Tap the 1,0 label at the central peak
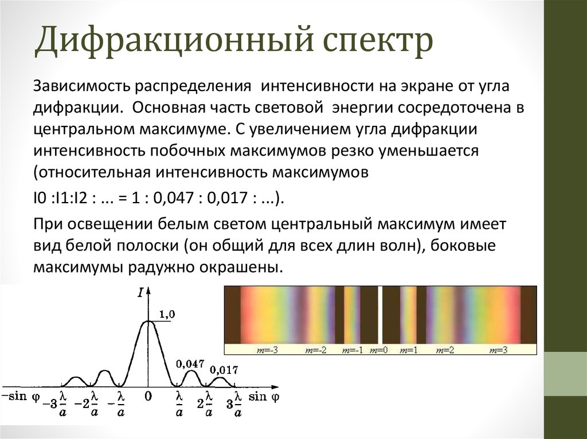click(167, 314)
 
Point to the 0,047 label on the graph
click(190, 363)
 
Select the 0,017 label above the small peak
click(224, 370)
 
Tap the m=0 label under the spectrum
click(378, 350)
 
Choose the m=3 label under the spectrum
click(499, 350)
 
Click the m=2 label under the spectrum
click(445, 350)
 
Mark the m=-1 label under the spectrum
click(353, 350)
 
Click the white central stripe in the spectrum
click(380, 315)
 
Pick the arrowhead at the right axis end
click(276, 387)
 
